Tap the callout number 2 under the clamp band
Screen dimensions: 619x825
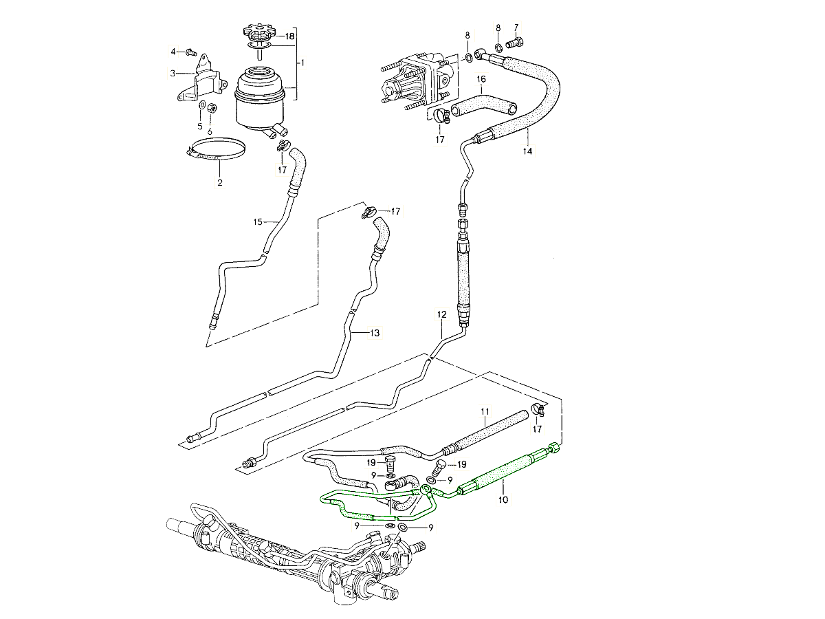tap(220, 183)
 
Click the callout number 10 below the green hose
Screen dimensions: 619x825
tap(503, 500)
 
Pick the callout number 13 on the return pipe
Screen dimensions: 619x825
tap(374, 333)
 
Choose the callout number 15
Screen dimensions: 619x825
tap(258, 222)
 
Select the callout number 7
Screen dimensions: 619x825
tap(517, 26)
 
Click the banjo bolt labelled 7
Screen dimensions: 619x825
tap(514, 43)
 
